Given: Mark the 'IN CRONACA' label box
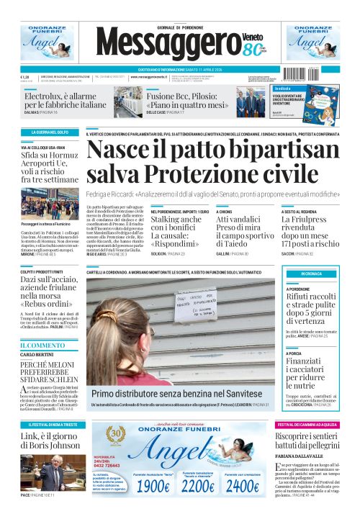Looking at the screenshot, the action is pos(311,274).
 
